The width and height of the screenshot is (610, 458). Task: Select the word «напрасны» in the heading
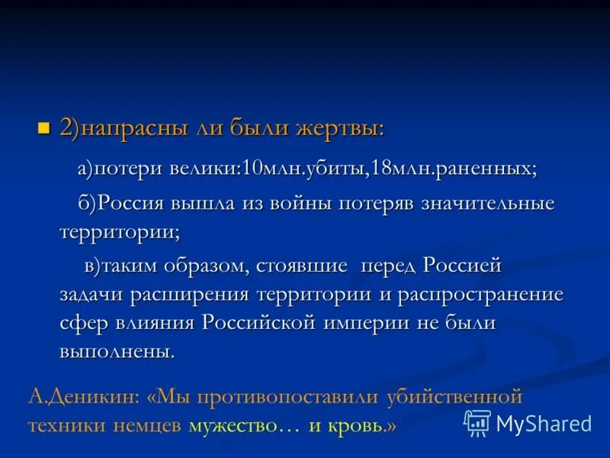(125, 128)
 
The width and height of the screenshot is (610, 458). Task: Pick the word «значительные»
(483, 204)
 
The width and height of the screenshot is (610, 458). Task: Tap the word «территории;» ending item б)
(120, 230)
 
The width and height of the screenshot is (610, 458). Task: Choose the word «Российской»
(258, 322)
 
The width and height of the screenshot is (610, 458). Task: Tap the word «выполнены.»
(117, 350)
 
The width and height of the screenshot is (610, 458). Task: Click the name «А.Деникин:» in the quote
(82, 397)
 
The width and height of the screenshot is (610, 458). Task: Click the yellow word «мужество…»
(243, 425)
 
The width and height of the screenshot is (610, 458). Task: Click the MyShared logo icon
(478, 422)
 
